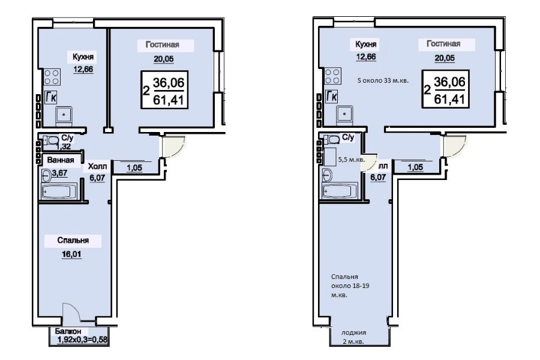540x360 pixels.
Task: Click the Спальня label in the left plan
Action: point(73,240)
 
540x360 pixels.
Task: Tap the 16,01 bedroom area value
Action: point(71,254)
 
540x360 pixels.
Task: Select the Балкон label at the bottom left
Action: point(68,331)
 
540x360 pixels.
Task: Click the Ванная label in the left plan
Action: point(61,160)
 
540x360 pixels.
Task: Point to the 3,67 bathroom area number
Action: point(59,173)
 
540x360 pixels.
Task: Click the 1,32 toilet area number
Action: point(63,146)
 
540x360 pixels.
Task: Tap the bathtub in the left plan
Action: point(59,191)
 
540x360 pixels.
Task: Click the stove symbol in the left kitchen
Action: point(52,77)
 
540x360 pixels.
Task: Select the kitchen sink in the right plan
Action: point(344,113)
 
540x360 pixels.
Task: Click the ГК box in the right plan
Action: point(331,97)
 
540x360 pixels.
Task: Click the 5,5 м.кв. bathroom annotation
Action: point(351,160)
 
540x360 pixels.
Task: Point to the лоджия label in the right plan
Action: point(353,333)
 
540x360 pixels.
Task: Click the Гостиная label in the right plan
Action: point(443,44)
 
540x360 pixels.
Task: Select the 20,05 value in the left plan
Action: point(164,59)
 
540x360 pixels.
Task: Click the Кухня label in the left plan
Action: point(83,56)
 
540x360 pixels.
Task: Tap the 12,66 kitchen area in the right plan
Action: point(366,56)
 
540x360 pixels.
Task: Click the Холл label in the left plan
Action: point(97,166)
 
